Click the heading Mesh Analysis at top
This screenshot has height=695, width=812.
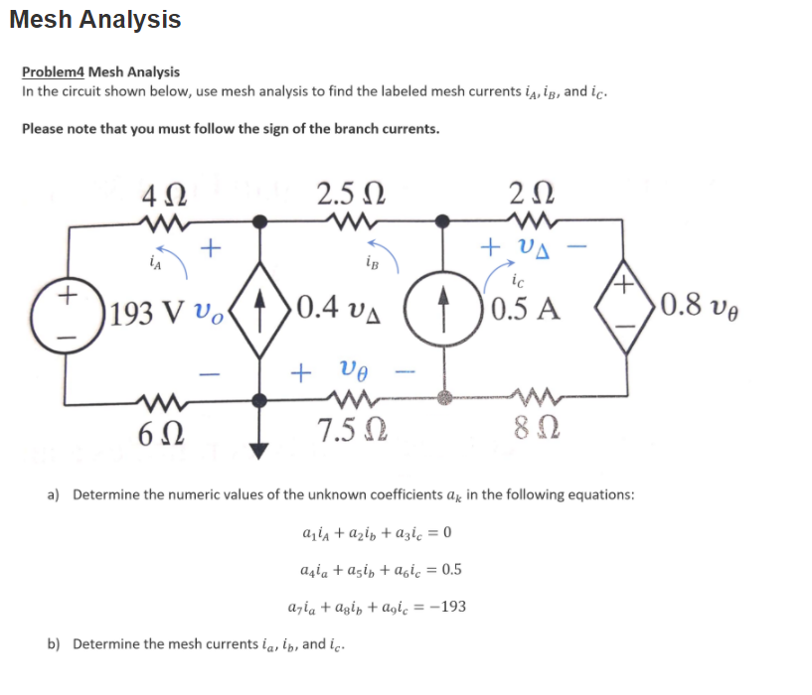coord(95,19)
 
